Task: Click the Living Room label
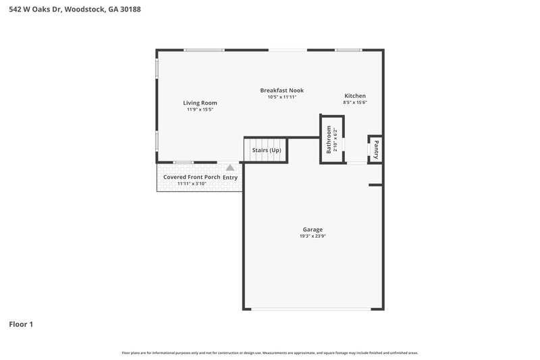(200, 103)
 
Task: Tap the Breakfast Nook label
(282, 90)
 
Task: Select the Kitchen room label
(355, 96)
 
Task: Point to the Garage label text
(313, 230)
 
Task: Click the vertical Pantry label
(376, 150)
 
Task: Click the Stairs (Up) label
(266, 150)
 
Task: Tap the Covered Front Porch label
(192, 177)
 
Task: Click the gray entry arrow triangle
(230, 167)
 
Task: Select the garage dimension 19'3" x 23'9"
(313, 236)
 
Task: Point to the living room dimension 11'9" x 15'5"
(200, 109)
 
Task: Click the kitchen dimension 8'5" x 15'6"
(355, 103)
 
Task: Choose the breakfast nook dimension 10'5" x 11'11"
(282, 97)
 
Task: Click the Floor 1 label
(21, 324)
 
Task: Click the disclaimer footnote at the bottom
(270, 353)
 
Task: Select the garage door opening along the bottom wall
(312, 309)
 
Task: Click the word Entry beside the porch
(230, 178)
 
